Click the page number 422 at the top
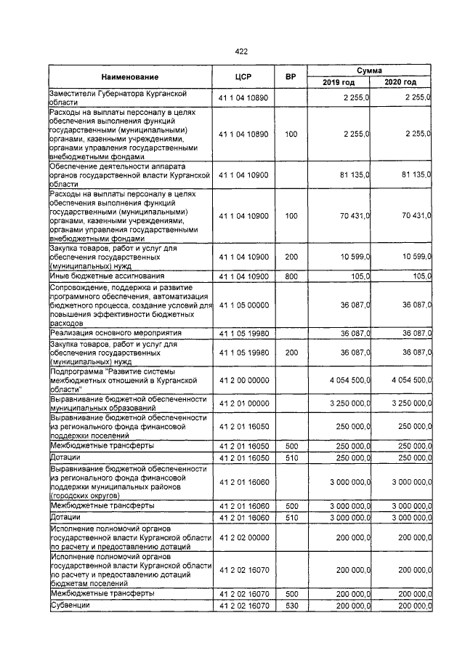click(x=241, y=51)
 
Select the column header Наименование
click(x=130, y=76)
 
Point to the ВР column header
click(x=291, y=76)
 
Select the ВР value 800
click(x=291, y=276)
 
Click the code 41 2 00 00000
click(x=243, y=379)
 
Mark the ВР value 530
click(x=291, y=605)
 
